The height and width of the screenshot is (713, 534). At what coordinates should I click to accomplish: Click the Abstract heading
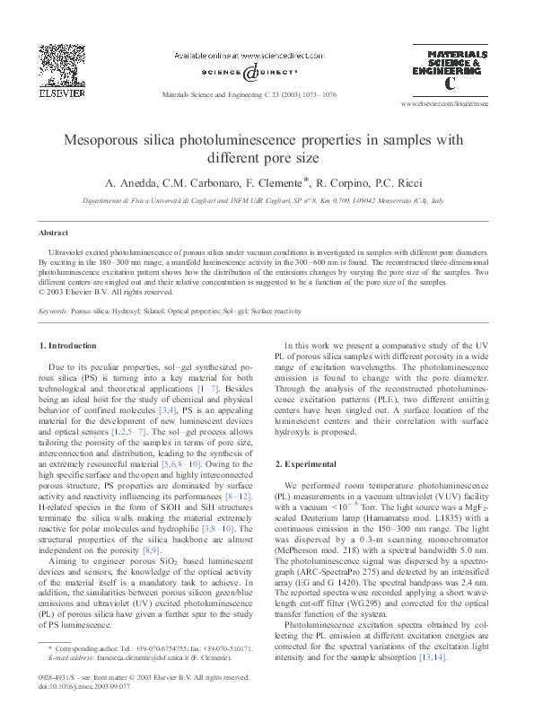[54, 232]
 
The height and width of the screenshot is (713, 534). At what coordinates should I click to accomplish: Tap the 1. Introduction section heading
[68, 345]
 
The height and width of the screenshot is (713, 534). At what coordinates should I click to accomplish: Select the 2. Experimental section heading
[306, 463]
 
